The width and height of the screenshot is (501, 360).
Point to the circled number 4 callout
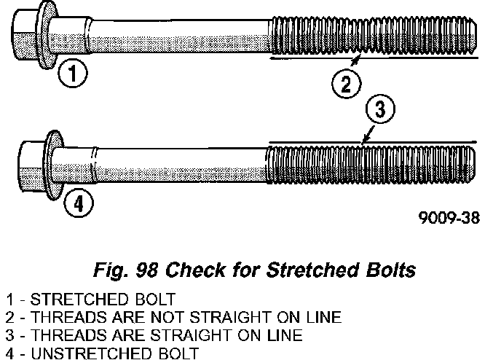pyautogui.click(x=79, y=203)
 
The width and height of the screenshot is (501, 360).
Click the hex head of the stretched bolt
pyautogui.click(x=26, y=33)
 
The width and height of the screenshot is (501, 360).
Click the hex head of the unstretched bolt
pyautogui.click(x=31, y=167)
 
